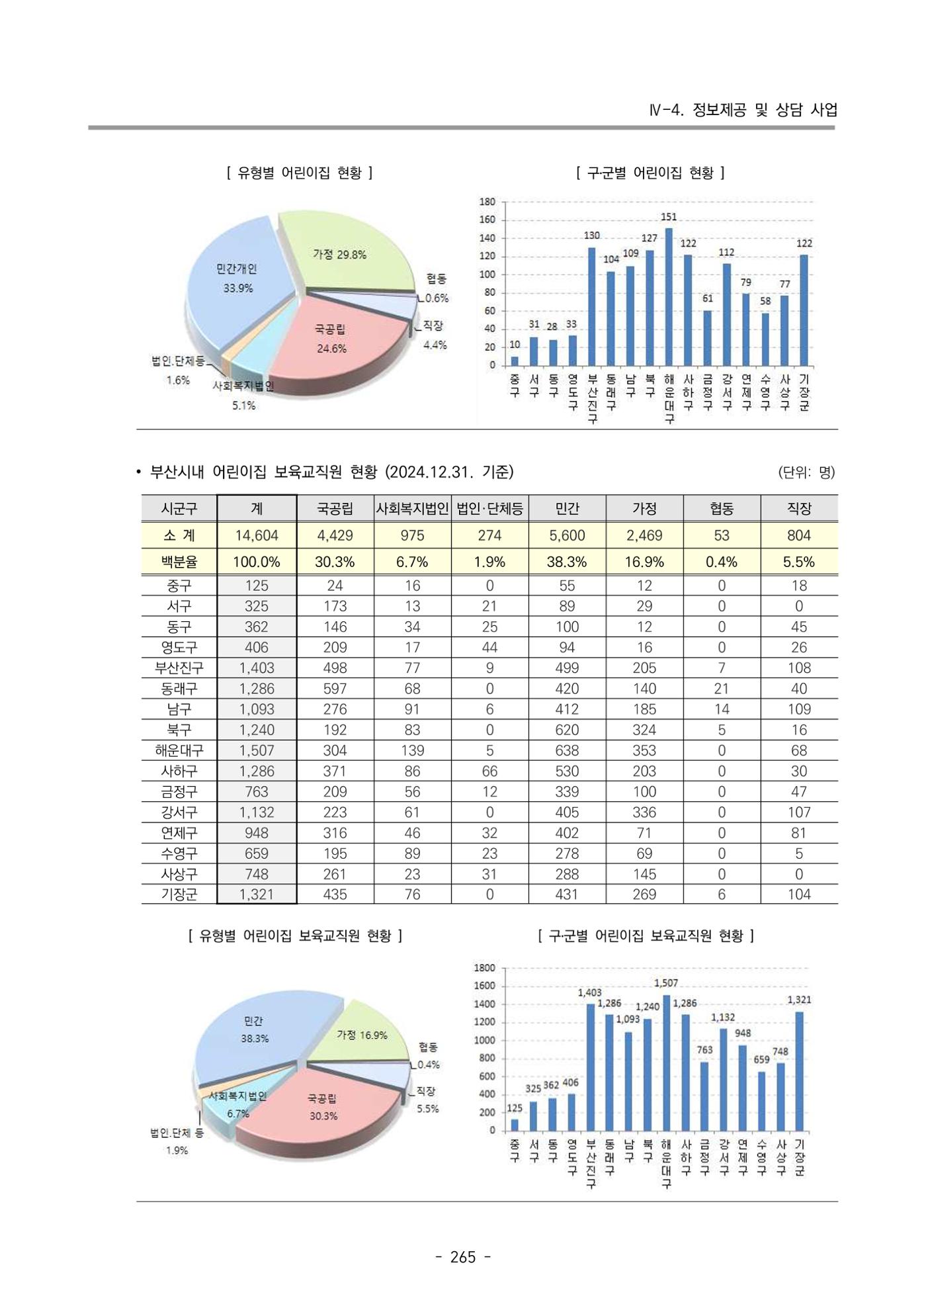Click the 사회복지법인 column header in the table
coord(412,508)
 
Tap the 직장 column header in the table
coord(799,508)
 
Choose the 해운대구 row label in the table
coord(179,750)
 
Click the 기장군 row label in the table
coord(179,895)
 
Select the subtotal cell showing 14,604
coord(257,535)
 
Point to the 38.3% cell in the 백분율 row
coord(567,562)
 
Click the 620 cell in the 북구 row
coord(567,730)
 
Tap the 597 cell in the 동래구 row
coord(335,689)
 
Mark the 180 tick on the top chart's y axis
coord(487,202)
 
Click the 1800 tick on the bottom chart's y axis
coord(485,968)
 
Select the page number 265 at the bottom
coord(463,1257)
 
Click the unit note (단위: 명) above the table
coord(807,472)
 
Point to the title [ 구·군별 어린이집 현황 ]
coord(651,173)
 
